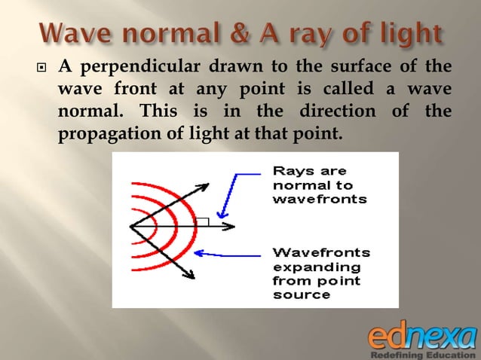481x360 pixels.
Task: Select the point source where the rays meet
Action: click(131, 226)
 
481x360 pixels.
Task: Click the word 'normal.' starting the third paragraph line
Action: click(88, 114)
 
